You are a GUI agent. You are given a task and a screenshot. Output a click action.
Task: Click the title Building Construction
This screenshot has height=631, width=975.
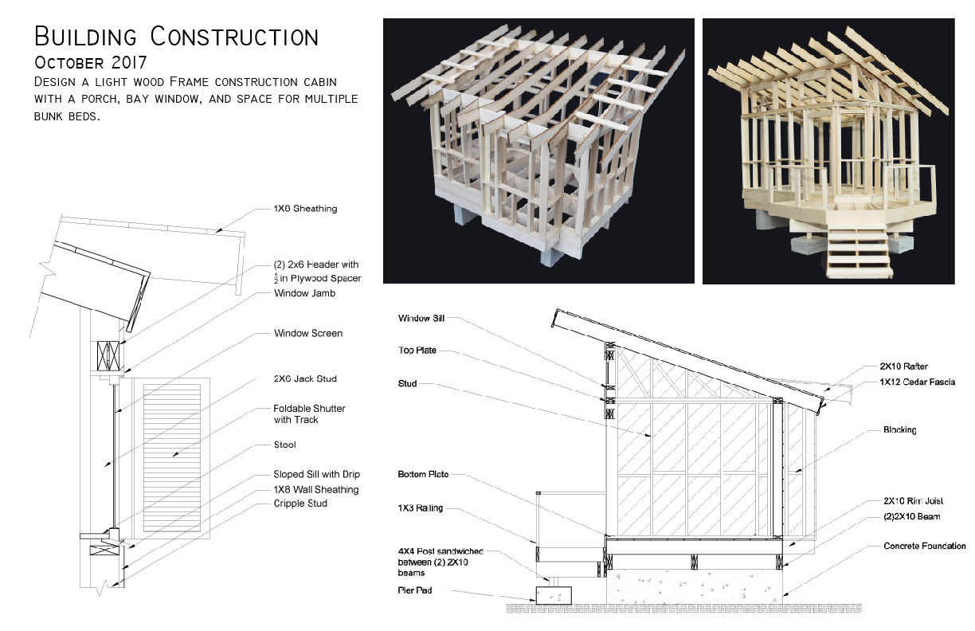pos(176,37)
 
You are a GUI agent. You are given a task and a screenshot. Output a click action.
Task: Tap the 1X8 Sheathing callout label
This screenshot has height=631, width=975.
pos(305,209)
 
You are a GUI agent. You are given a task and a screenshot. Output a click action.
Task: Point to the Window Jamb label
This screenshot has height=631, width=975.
pos(304,293)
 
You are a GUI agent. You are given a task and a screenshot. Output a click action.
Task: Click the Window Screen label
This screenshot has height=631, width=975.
pos(307,333)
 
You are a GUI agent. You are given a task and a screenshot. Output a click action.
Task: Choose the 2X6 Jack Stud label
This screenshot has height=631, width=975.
pos(305,378)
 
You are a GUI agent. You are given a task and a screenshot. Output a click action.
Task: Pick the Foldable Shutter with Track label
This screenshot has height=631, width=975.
pos(309,413)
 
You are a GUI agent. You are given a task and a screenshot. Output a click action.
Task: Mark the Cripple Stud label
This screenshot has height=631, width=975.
pos(300,504)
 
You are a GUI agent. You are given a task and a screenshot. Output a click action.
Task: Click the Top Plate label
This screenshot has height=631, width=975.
pos(417,351)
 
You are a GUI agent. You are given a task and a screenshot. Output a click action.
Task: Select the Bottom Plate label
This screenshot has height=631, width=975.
pos(423,474)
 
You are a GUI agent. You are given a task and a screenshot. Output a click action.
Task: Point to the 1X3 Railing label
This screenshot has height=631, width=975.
pos(420,508)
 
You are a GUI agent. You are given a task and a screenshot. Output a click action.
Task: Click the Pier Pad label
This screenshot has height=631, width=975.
pos(414,590)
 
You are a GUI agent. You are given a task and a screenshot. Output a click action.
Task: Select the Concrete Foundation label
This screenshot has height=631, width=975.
pos(924,546)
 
